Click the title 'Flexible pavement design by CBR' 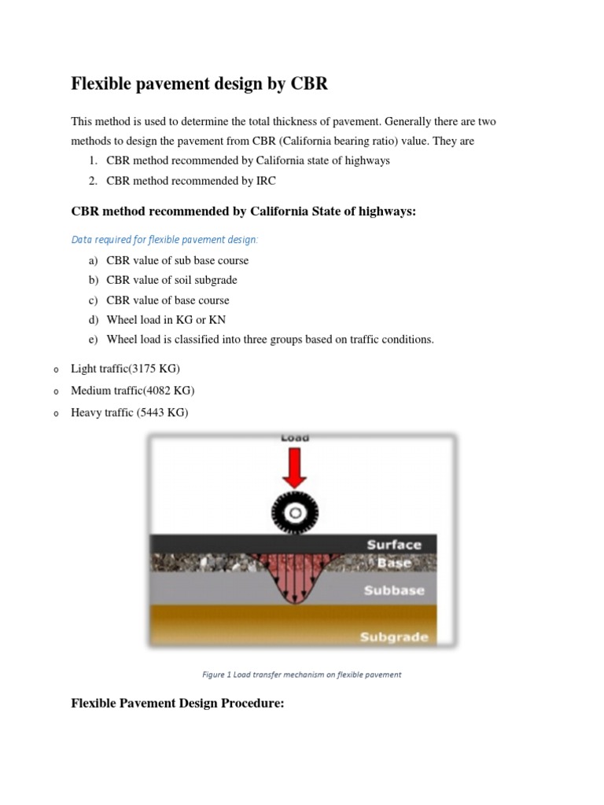coord(199,84)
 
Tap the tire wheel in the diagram coord(295,513)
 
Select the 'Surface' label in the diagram coord(394,545)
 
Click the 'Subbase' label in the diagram coord(394,590)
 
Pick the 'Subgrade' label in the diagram coord(394,637)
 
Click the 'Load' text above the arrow coord(295,438)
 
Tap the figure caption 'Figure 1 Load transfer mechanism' coord(302,674)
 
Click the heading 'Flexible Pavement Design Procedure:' coord(177,704)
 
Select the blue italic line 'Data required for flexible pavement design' coord(164,239)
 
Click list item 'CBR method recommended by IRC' coord(191,181)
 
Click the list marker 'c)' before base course coord(94,300)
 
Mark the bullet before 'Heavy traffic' coord(57,414)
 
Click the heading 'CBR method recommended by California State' coord(243,211)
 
